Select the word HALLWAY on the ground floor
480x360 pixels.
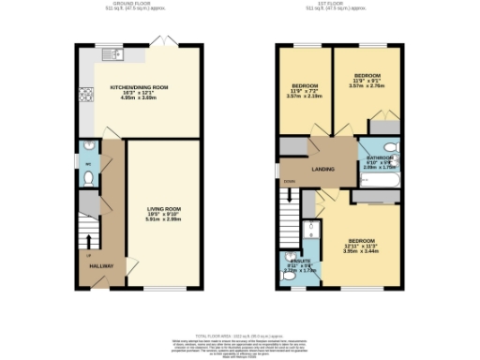101,266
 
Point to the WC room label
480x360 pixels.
87,165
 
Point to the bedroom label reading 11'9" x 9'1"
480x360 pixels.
367,79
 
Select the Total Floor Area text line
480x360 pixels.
239,335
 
